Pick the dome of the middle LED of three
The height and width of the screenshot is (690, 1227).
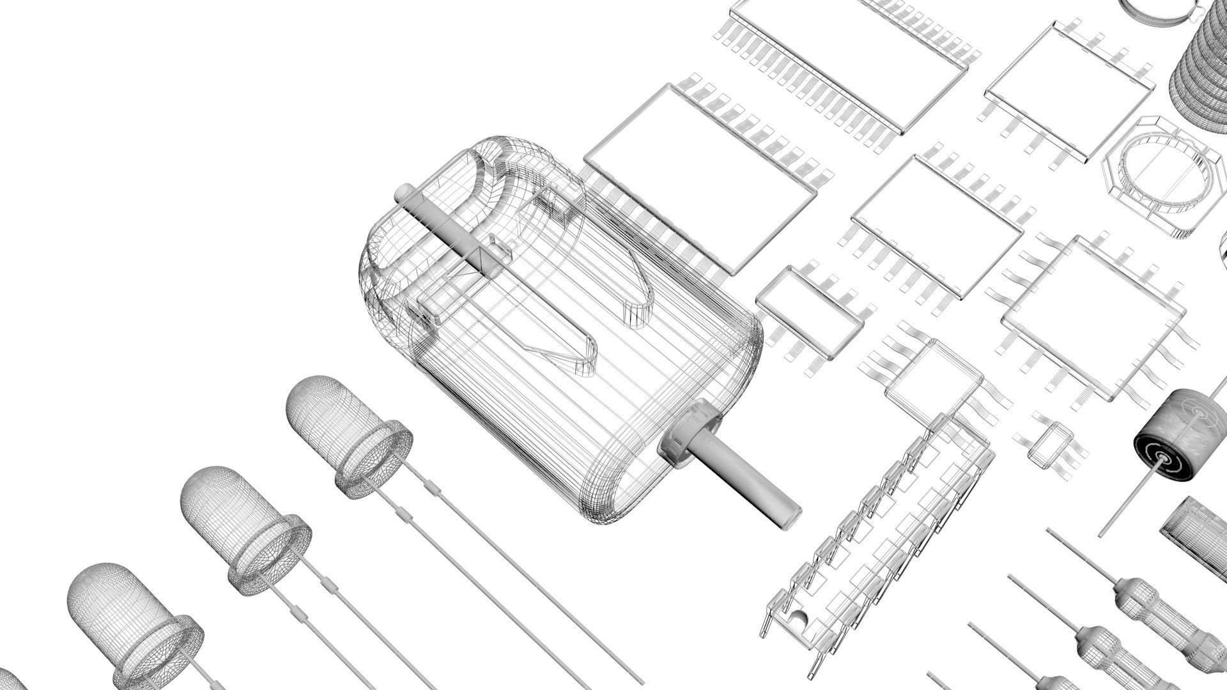coord(224,505)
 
